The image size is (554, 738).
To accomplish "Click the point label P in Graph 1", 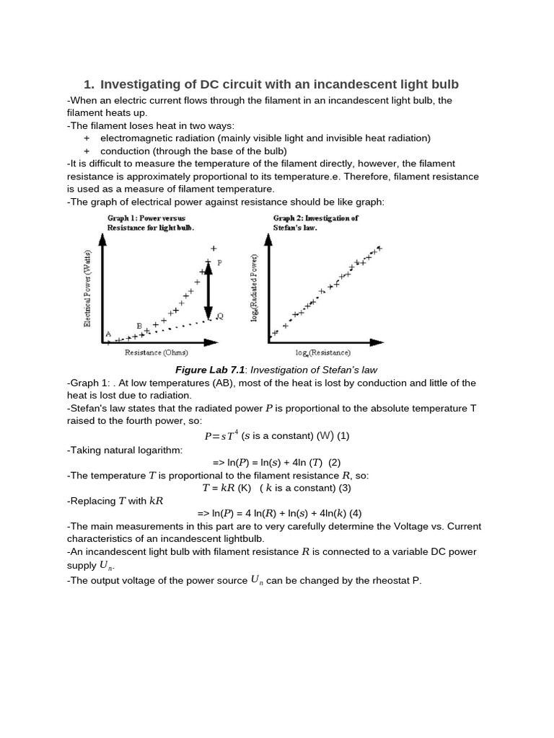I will coord(219,264).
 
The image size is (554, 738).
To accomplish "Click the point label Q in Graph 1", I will coord(219,315).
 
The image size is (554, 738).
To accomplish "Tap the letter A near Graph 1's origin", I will coord(108,333).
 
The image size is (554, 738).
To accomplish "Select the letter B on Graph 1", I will coord(139,326).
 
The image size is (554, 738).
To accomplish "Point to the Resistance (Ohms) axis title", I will coord(156,352).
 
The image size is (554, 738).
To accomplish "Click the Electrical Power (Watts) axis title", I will coord(88,288).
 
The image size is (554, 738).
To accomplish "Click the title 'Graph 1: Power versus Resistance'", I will coord(149,222).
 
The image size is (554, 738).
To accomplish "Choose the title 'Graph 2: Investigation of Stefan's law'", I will coord(315,222).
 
